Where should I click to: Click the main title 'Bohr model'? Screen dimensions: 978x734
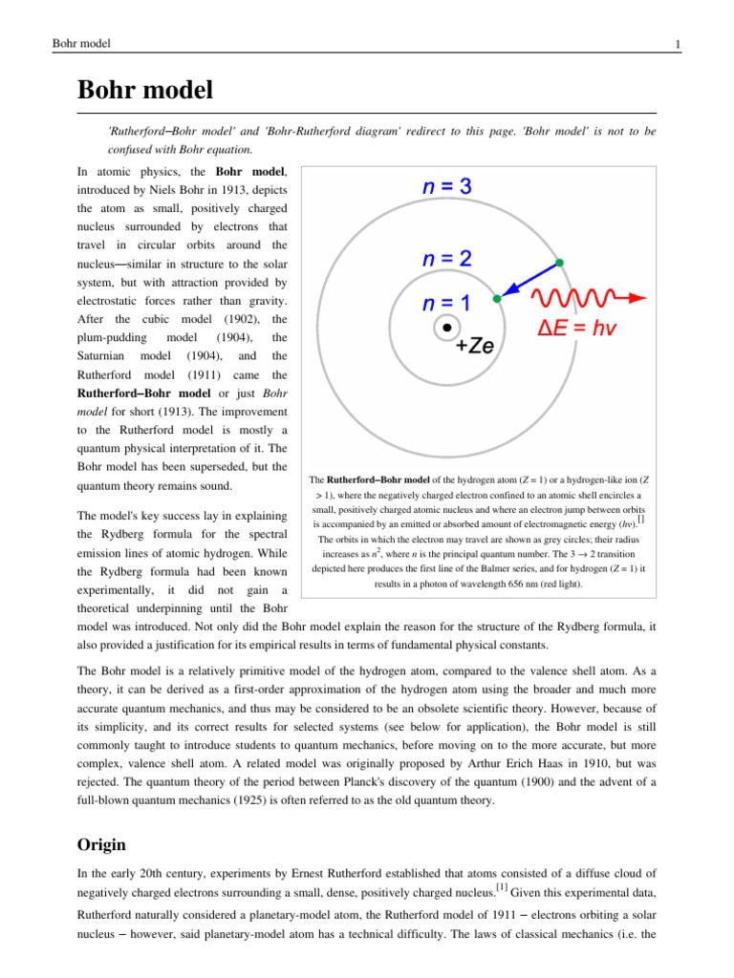click(144, 91)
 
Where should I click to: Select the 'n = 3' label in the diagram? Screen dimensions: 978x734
click(446, 188)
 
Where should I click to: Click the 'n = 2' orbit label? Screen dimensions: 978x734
click(446, 259)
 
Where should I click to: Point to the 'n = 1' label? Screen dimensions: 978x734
click(446, 304)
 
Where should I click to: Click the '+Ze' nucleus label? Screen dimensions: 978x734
click(474, 347)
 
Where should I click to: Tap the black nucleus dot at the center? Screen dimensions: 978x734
click(445, 329)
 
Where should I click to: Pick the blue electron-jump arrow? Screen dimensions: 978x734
click(529, 281)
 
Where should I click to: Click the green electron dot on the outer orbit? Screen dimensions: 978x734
click(560, 263)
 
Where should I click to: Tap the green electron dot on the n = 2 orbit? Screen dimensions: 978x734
click(496, 300)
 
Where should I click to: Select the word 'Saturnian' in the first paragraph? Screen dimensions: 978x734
click(104, 355)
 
